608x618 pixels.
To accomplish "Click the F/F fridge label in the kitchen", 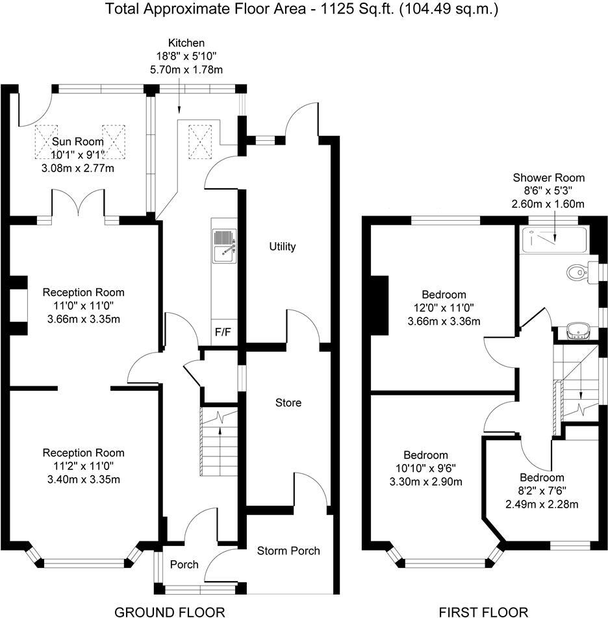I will (x=222, y=333).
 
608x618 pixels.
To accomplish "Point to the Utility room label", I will (x=283, y=247).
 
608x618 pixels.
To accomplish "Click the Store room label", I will (x=288, y=402).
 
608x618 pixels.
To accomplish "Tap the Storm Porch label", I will (x=288, y=551).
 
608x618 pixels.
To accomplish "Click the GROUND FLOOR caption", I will (x=170, y=611).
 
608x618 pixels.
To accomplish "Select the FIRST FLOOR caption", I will (x=483, y=611).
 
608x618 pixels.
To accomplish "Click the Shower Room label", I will (x=549, y=178).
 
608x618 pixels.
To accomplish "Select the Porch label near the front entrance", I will (x=184, y=564).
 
